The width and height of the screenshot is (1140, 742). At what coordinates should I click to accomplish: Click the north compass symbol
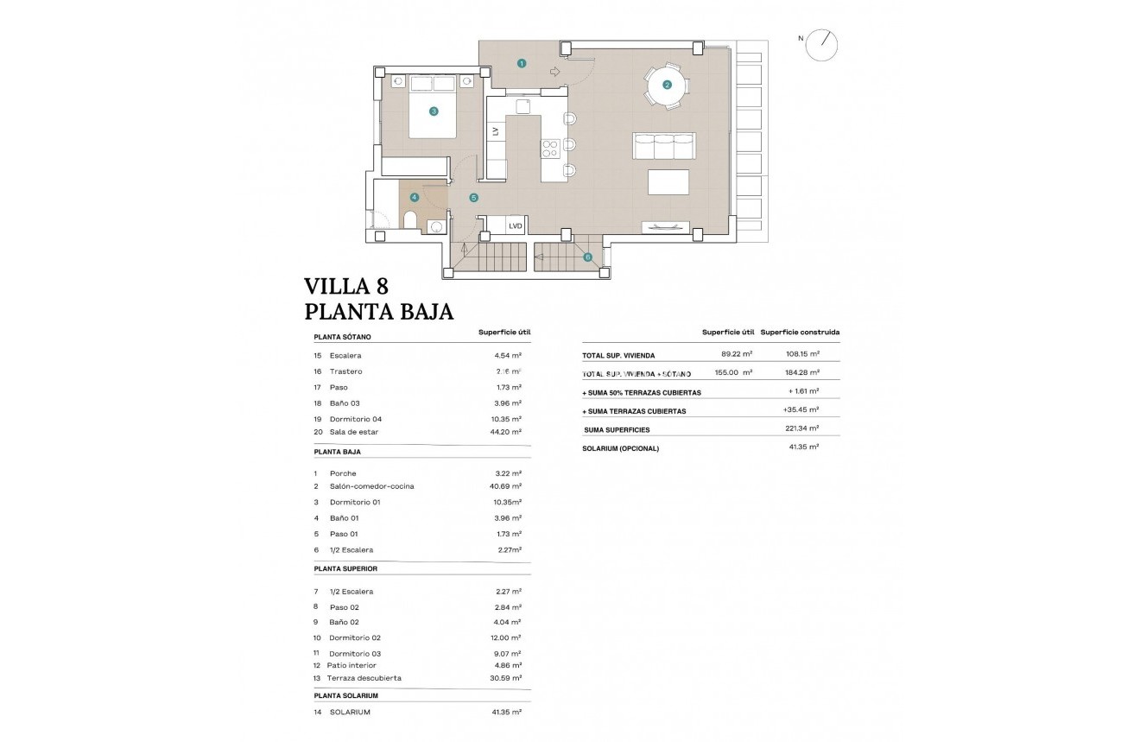(820, 45)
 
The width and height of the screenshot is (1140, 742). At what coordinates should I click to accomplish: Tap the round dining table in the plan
(666, 85)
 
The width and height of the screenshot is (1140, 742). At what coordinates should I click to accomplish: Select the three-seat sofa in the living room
(663, 146)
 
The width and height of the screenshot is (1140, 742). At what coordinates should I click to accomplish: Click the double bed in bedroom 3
(432, 106)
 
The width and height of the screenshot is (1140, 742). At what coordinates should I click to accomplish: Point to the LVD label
(516, 226)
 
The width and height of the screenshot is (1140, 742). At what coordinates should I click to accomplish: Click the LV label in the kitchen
(496, 131)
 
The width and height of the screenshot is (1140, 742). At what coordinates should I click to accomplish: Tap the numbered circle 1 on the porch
(522, 62)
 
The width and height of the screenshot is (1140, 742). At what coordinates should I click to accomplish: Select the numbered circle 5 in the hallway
(473, 198)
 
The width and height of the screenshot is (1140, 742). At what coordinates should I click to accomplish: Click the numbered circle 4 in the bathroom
(415, 197)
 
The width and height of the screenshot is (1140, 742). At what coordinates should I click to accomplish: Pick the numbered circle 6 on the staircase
(587, 257)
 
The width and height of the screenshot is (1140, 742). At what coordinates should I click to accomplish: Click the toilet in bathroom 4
(410, 219)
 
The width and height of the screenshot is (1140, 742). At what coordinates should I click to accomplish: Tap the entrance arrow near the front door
(554, 72)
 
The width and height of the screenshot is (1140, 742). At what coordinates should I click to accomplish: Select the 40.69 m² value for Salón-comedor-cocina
(505, 486)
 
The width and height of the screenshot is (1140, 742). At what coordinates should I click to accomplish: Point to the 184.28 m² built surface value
(801, 372)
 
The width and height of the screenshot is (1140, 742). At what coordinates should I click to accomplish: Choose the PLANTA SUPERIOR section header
(345, 568)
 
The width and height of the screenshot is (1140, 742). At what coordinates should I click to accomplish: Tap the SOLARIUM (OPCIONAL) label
(621, 448)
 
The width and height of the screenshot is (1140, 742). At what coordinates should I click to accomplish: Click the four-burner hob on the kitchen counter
(549, 149)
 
